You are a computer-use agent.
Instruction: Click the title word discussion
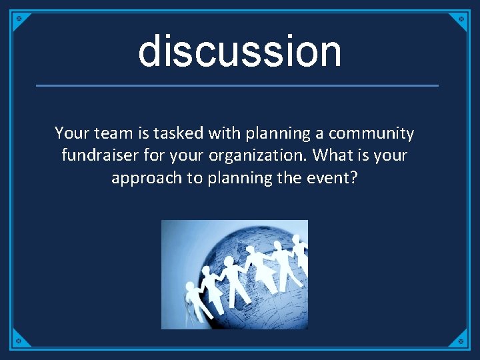pyautogui.click(x=239, y=51)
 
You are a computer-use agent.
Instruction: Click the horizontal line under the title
pyautogui.click(x=237, y=85)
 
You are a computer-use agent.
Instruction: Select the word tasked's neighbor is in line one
pyautogui.click(x=141, y=134)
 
